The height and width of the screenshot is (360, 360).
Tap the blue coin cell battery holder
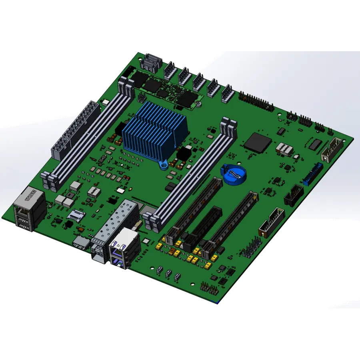pos(233,174)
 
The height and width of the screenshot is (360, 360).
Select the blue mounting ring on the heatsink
pos(163,164)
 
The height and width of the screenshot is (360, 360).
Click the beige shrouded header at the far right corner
pos(332,148)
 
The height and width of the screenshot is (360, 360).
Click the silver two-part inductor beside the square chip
pos(285,149)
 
